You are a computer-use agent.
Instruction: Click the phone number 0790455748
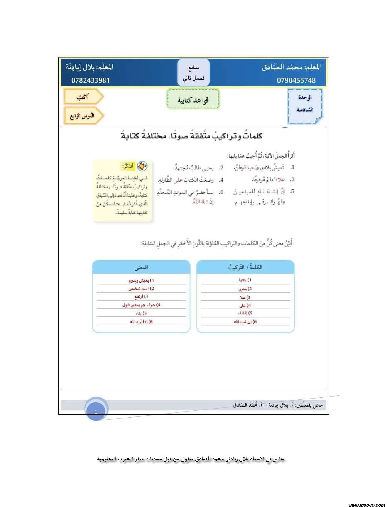[x=296, y=80]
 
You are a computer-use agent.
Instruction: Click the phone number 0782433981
[x=91, y=80]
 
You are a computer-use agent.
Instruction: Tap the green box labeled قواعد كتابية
[x=193, y=99]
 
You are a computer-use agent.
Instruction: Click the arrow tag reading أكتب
[x=83, y=97]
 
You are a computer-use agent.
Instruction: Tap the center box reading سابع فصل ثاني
[x=193, y=73]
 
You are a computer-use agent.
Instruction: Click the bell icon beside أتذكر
[x=142, y=166]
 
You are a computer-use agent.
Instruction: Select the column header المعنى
[x=141, y=267]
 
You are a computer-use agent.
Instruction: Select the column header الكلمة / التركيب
[x=245, y=267]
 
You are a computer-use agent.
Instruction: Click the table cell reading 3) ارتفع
[x=141, y=296]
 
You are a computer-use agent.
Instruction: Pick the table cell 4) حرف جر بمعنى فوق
[x=141, y=305]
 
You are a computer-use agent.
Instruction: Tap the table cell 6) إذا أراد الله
[x=141, y=322]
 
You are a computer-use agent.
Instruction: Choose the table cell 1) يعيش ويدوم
[x=141, y=280]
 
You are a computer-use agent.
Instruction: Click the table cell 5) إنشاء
[x=245, y=313]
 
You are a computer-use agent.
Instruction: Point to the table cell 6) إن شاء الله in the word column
[x=245, y=322]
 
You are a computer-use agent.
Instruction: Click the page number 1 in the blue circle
[x=96, y=412]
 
